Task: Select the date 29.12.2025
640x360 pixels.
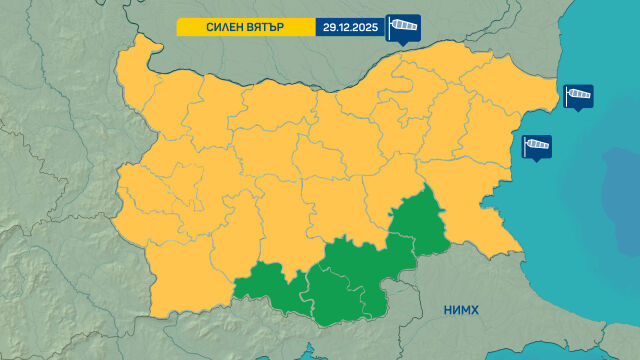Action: tap(349, 26)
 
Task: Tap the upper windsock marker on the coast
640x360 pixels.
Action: tap(578, 96)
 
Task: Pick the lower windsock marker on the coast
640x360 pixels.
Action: tap(537, 147)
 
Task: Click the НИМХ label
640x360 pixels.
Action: tap(461, 310)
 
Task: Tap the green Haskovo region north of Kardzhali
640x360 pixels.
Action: tap(380, 255)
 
